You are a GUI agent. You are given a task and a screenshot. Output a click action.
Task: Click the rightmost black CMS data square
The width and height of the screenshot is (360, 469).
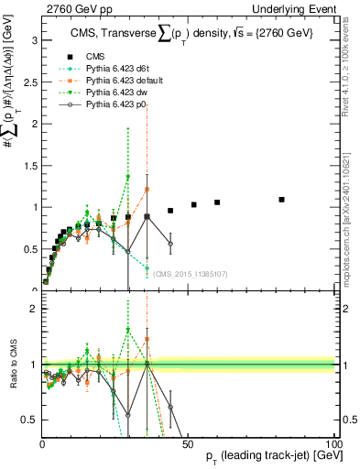282,199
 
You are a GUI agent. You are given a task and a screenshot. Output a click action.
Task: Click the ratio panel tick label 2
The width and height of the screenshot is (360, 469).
34,309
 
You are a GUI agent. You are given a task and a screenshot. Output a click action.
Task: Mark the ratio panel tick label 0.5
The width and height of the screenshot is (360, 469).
30,420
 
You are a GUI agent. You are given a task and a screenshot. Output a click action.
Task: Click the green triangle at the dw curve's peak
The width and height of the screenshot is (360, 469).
128,178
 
